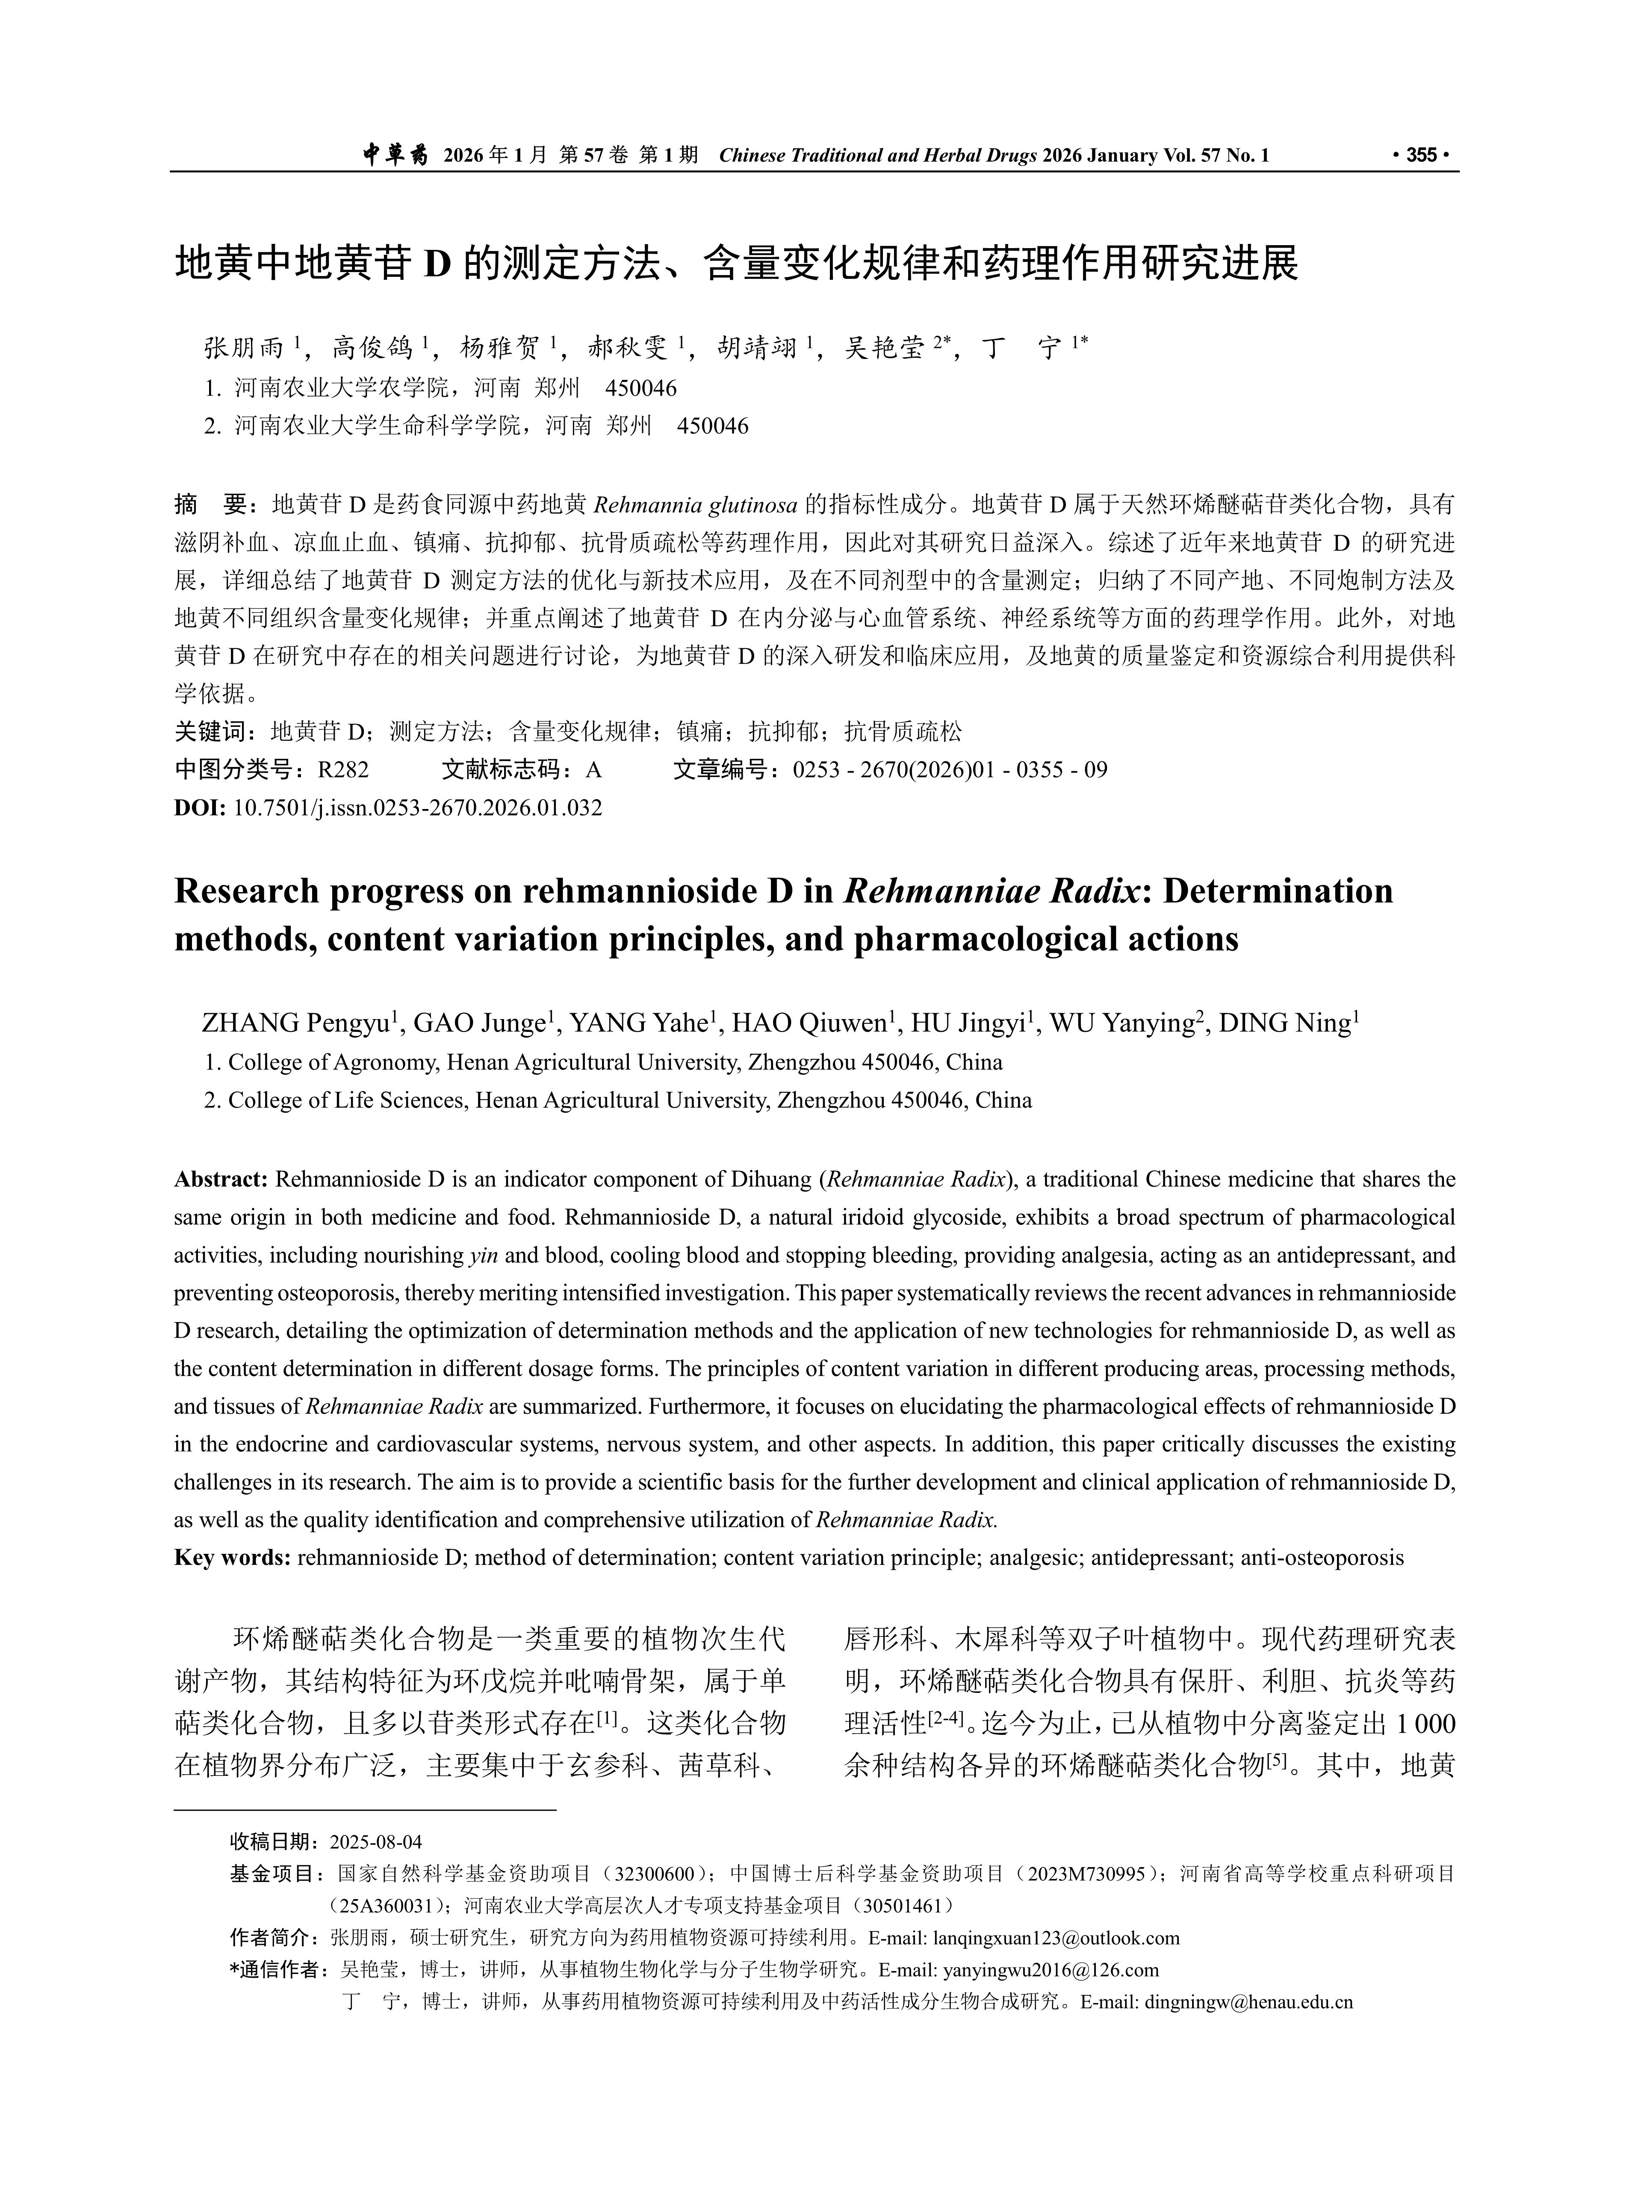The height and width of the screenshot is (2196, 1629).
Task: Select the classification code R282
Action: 343,770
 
